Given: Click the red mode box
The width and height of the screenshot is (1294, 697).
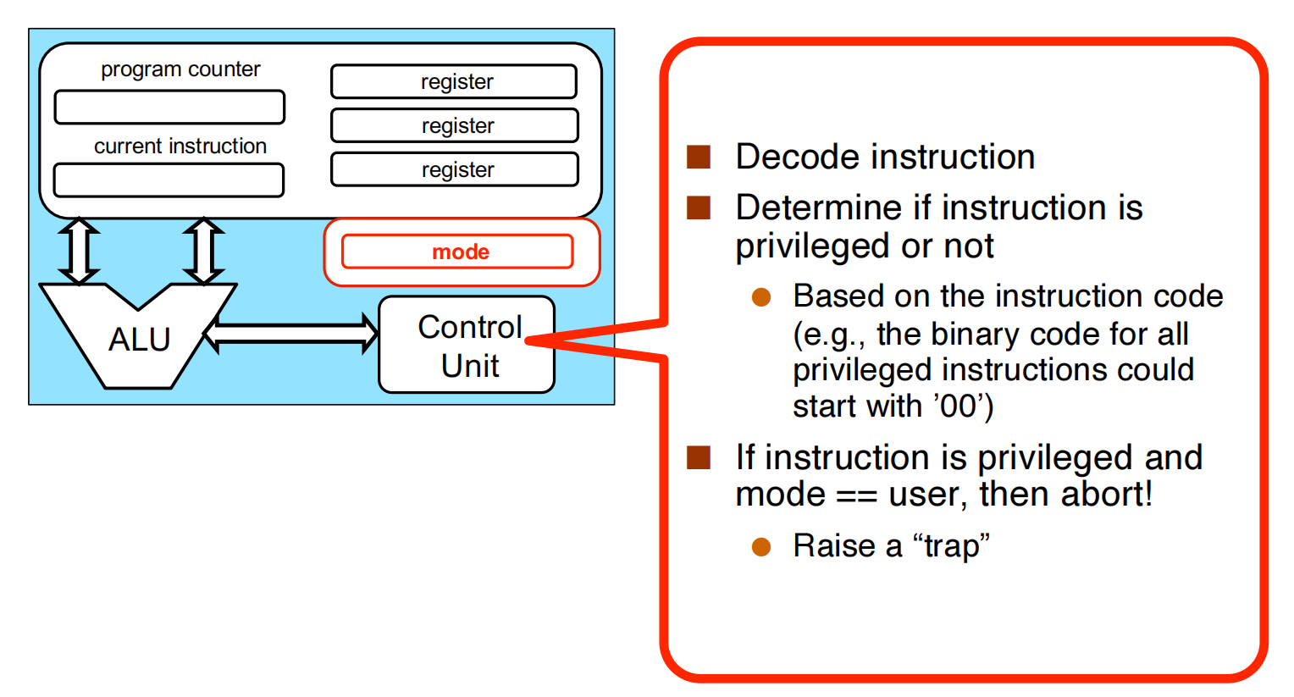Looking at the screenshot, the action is [x=457, y=252].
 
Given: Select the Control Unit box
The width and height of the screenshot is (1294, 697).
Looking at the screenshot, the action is [x=467, y=345].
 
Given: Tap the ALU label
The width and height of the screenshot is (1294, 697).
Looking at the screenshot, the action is [x=139, y=340].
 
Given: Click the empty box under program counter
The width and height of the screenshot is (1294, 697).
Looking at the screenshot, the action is [x=169, y=107].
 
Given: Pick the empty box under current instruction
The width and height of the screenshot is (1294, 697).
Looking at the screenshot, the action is [x=169, y=180].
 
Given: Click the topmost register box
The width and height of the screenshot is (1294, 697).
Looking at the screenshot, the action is [x=453, y=81].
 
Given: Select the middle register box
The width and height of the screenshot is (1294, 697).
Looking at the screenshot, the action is [x=455, y=125].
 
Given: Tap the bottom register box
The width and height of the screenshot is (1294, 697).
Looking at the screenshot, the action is [x=455, y=169].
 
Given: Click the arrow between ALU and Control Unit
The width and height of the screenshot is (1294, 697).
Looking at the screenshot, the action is [x=291, y=334].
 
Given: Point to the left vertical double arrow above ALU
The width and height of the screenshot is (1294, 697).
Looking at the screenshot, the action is [x=79, y=251].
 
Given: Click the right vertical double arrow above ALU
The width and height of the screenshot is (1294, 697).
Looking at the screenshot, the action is [x=203, y=251].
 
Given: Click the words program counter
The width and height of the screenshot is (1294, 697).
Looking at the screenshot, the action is [x=180, y=69].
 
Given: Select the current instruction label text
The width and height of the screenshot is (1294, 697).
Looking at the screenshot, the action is [x=180, y=146].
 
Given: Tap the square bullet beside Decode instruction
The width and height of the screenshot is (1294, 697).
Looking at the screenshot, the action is [x=699, y=157].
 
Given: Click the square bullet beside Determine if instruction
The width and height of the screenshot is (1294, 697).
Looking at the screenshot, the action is [x=699, y=207].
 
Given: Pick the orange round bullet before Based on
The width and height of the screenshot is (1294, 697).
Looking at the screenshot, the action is [x=761, y=297].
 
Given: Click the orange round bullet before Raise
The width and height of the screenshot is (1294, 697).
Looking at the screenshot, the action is [x=761, y=547].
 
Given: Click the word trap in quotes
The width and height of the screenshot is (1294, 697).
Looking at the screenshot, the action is [x=952, y=546].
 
